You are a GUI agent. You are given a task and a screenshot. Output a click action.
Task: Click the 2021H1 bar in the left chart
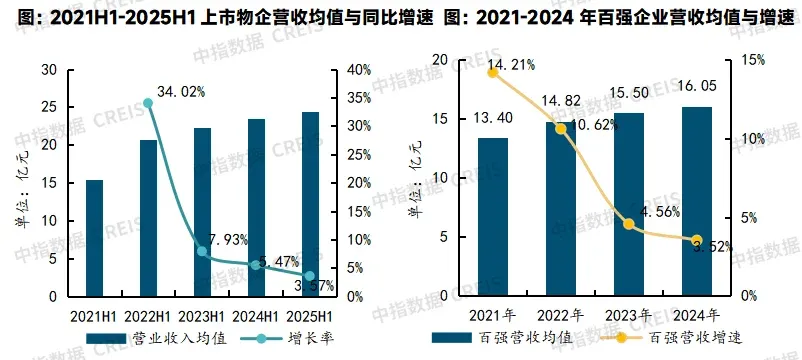coord(94,238)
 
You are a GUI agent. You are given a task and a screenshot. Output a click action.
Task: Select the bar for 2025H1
coord(310,204)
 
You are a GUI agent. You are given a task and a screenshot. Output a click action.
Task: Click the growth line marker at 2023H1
coord(202,252)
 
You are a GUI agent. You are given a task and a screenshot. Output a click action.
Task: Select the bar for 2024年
coord(697,201)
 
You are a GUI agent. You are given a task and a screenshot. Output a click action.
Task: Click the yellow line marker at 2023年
coord(629,224)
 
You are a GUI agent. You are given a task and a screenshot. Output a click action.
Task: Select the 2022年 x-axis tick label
coord(561,315)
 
